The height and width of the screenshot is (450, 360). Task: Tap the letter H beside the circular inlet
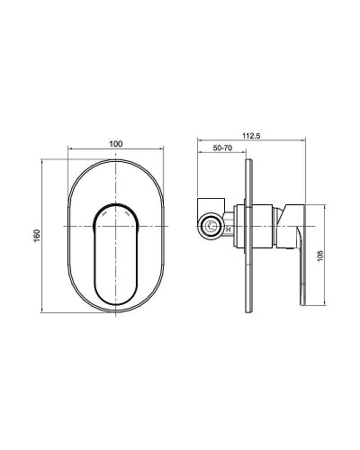229,229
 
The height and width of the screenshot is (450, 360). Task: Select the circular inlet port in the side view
212,227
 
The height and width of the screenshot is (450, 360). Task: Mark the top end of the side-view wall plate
245,163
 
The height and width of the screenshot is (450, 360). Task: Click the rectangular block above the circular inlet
211,201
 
